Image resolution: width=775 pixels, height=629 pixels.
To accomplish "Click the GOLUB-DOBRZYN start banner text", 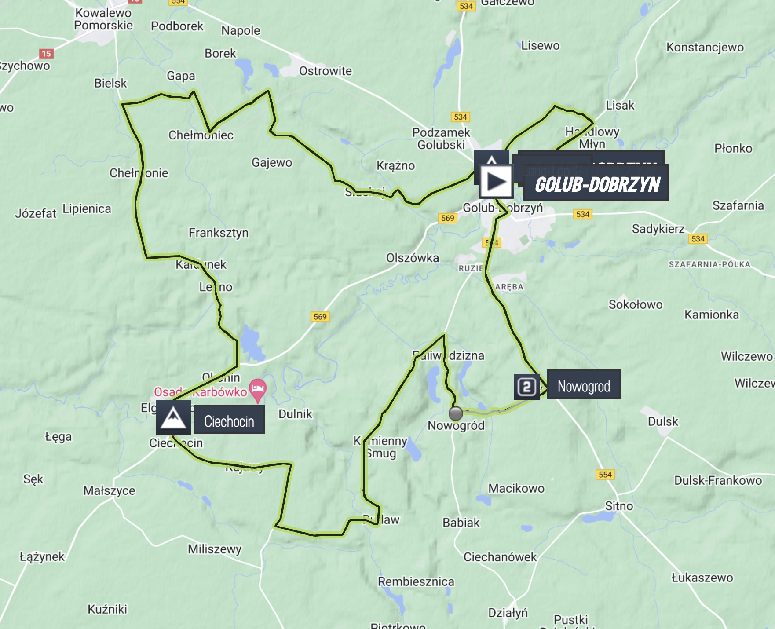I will tap(597, 184).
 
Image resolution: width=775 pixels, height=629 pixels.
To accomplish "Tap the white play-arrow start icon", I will tap(496, 181).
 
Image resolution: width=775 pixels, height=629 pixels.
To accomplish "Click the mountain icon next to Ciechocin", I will tap(173, 418).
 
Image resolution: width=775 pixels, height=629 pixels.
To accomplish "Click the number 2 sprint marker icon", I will tap(526, 387).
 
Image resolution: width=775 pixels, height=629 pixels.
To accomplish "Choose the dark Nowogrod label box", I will tap(584, 386).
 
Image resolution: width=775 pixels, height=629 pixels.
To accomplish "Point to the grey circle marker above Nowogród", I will tap(455, 413).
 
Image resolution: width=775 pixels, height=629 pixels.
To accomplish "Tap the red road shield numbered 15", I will tap(46, 54).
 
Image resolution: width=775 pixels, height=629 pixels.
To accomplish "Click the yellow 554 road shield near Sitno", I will tap(605, 474).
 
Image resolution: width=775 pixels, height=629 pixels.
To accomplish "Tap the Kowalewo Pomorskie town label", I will tap(103, 19).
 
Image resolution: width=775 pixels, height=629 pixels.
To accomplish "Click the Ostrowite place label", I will tap(325, 71).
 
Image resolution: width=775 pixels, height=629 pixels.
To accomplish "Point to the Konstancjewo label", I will tap(705, 47).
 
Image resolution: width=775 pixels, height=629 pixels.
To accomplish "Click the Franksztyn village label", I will tap(219, 233).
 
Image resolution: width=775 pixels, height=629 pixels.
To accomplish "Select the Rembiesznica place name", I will tap(416, 581).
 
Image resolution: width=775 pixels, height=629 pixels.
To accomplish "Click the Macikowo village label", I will tap(516, 488).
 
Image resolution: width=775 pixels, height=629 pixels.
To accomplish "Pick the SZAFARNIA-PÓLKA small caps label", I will tap(709, 264).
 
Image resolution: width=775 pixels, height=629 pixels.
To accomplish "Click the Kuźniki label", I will tap(107, 609).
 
